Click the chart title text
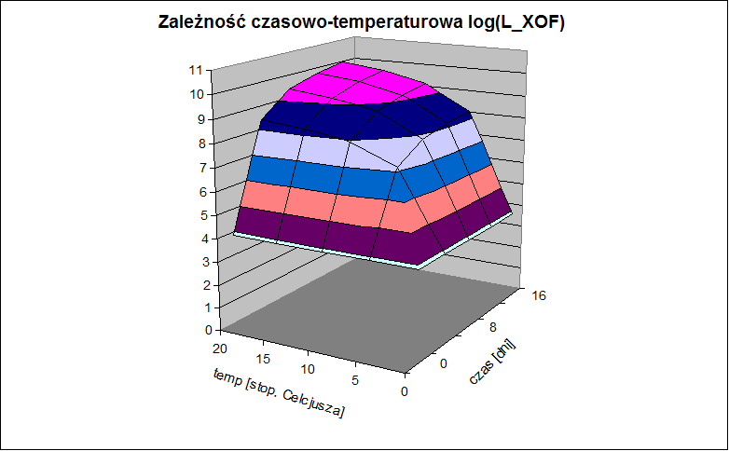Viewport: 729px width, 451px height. (x=362, y=21)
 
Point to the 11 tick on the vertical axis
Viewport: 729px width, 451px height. (x=196, y=70)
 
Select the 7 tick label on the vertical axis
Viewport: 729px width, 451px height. (x=202, y=168)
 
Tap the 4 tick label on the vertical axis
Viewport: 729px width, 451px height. (x=205, y=239)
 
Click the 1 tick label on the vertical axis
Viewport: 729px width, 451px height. (x=207, y=307)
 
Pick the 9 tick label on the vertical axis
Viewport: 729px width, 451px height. (x=200, y=119)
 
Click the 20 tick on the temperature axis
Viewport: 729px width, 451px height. (x=220, y=348)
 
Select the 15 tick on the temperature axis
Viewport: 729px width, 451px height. (x=263, y=359)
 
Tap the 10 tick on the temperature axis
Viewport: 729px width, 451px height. (x=308, y=369)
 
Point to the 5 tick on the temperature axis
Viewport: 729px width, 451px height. (x=355, y=380)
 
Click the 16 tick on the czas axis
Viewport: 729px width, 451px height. (x=539, y=295)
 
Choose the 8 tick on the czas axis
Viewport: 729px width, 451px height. (x=493, y=328)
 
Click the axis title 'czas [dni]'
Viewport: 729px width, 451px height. (x=492, y=362)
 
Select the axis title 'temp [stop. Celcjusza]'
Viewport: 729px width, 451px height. (x=279, y=393)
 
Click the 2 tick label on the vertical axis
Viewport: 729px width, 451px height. (x=207, y=285)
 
